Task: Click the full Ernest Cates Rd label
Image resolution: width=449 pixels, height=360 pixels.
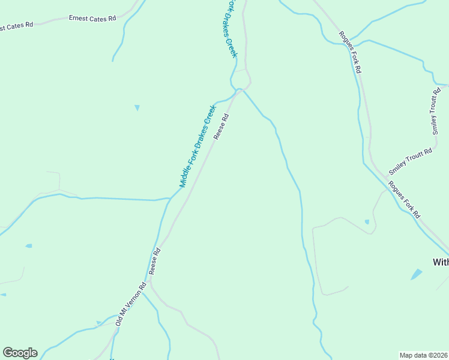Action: (x=92, y=19)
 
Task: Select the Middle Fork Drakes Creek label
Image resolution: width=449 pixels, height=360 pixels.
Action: (x=197, y=146)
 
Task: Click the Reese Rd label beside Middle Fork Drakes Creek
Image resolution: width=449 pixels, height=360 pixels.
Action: (x=221, y=127)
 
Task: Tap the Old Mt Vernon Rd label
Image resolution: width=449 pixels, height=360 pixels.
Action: (x=131, y=304)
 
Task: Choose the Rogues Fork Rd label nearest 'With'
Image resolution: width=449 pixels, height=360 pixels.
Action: (x=405, y=199)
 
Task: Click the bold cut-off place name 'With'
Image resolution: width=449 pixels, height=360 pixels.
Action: (x=441, y=262)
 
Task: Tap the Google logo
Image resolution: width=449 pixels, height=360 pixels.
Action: (x=20, y=353)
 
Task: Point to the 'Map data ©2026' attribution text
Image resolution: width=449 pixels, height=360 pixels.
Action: (x=424, y=355)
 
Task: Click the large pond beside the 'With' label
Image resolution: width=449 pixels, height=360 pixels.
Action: (x=416, y=274)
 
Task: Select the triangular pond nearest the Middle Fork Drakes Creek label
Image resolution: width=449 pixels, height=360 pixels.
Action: (x=137, y=107)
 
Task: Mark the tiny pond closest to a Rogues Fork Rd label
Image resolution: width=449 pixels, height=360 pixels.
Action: (x=367, y=221)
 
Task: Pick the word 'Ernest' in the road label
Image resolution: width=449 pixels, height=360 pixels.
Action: (x=79, y=19)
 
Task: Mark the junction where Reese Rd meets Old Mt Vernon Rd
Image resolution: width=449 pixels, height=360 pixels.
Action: (x=150, y=283)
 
